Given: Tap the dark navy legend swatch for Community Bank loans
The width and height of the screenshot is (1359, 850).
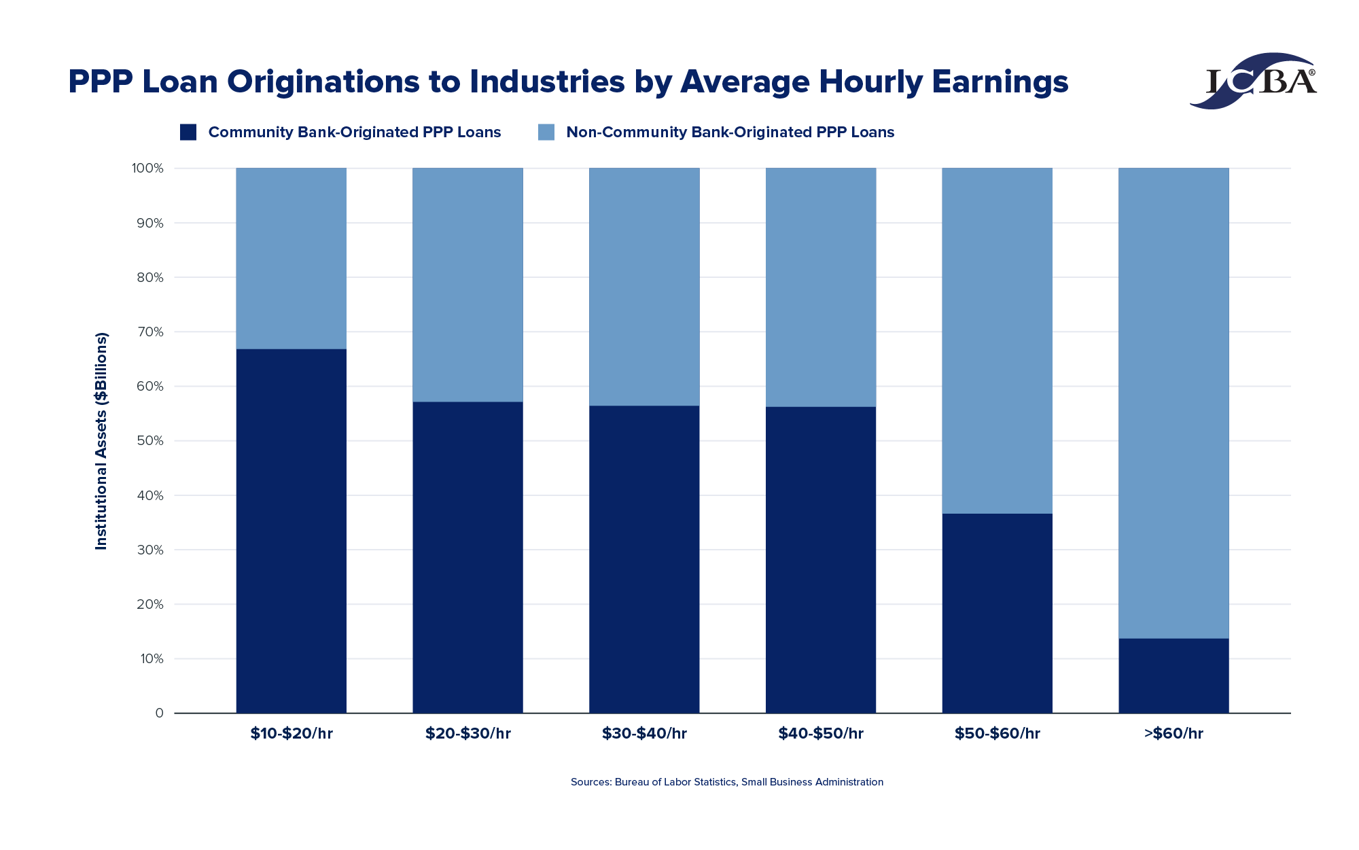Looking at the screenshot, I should pyautogui.click(x=188, y=132).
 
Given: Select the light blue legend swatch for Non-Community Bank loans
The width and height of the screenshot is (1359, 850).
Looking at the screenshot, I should pyautogui.click(x=546, y=132).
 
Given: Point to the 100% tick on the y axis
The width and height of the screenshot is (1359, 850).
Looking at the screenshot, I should pyautogui.click(x=148, y=169).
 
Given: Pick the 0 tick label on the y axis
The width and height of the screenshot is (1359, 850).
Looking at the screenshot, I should pyautogui.click(x=160, y=713).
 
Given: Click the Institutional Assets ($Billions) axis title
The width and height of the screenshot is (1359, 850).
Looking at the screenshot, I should pyautogui.click(x=101, y=441).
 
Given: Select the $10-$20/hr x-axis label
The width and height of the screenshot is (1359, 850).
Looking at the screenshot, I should pyautogui.click(x=292, y=734).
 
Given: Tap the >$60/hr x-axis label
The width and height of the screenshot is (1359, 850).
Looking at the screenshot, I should pyautogui.click(x=1173, y=734).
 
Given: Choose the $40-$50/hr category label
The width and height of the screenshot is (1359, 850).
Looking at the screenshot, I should pyautogui.click(x=821, y=734).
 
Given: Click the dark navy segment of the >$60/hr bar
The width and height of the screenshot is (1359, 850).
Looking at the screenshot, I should pyautogui.click(x=1173, y=676).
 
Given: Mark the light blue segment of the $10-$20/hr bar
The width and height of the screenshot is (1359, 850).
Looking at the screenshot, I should pyautogui.click(x=292, y=258).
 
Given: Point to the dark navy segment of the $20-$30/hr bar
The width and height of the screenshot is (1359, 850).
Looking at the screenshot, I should pyautogui.click(x=468, y=557).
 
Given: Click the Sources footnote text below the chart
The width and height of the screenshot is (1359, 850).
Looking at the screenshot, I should pyautogui.click(x=726, y=782).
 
